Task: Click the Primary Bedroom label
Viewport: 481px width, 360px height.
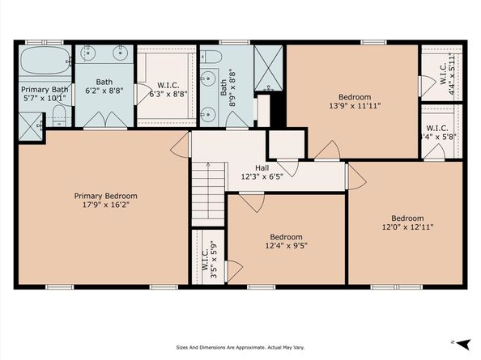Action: [105, 196]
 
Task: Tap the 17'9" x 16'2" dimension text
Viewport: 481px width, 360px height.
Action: [105, 205]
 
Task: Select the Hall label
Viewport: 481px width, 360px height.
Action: [262, 168]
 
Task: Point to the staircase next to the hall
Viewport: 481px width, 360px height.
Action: [208, 194]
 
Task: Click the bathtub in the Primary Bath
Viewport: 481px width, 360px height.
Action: [45, 61]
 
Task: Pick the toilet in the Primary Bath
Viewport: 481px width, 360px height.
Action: [59, 116]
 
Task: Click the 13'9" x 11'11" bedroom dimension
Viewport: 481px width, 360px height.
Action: [355, 106]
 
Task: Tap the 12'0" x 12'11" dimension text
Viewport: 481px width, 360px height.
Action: [407, 227]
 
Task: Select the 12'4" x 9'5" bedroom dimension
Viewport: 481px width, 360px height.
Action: [286, 245]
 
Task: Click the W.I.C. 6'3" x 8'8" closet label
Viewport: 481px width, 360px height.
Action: [168, 90]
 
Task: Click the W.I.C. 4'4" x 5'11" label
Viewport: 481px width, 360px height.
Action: [447, 73]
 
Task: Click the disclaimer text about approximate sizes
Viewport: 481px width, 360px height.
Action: [240, 347]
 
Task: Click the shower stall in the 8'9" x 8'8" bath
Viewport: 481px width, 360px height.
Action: [268, 68]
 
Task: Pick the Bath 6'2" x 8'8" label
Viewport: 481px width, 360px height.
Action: [104, 86]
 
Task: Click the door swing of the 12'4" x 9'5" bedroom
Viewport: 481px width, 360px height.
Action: [252, 202]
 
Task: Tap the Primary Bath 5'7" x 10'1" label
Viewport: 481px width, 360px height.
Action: [45, 94]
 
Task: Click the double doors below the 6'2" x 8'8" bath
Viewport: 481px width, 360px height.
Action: [105, 120]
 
